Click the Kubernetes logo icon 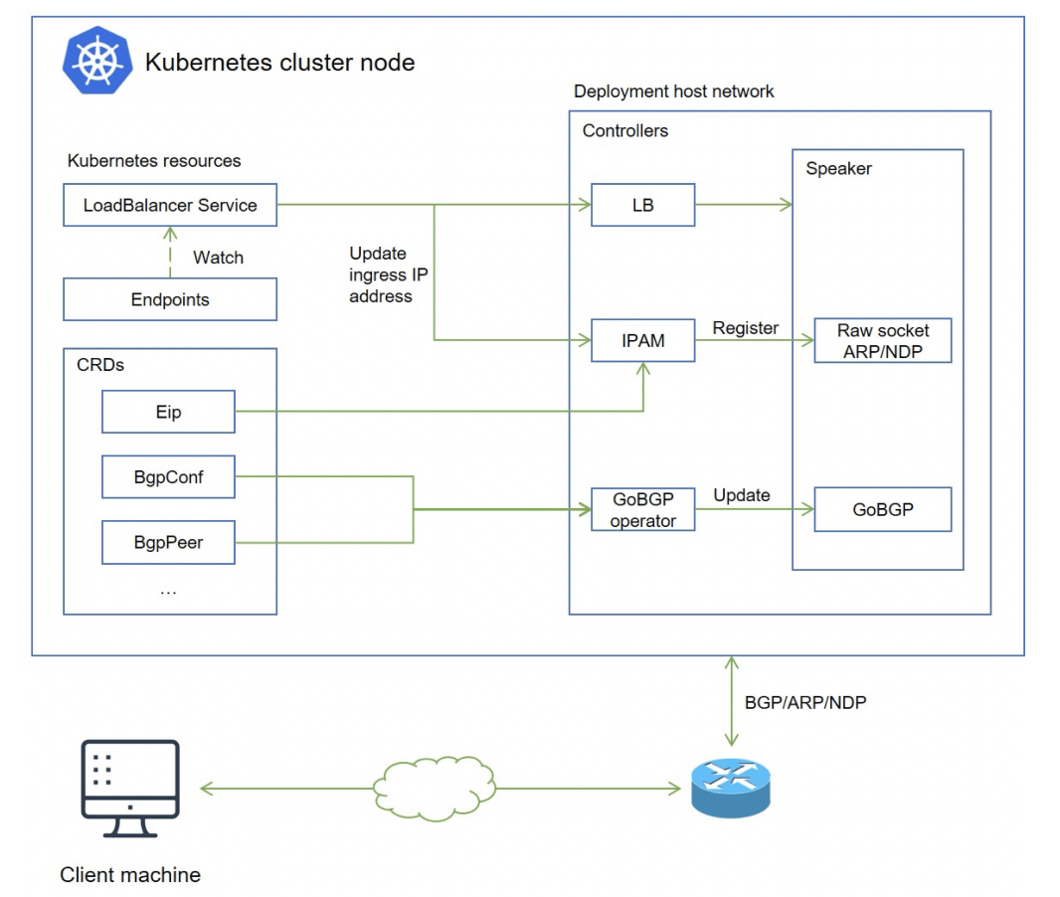(97, 62)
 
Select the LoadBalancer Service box (170, 206)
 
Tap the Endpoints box (170, 299)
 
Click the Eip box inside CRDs (168, 412)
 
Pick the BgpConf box (168, 477)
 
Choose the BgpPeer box (168, 543)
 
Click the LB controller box (642, 206)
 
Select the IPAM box (642, 340)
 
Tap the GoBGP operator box (642, 510)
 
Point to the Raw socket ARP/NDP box (883, 340)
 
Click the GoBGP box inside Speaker (883, 509)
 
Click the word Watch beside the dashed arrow (218, 258)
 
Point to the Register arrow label (746, 328)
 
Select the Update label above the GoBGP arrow (742, 495)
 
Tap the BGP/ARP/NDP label (805, 703)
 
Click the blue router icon (731, 788)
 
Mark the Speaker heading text (838, 169)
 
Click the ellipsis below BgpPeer (168, 590)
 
